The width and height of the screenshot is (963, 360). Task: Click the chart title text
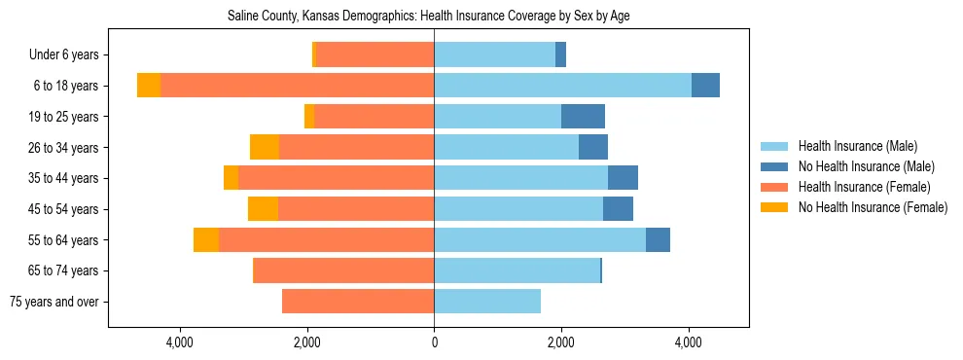tap(435, 17)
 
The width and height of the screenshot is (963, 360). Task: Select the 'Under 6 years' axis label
tap(69, 54)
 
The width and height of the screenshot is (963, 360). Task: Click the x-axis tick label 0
tap(434, 342)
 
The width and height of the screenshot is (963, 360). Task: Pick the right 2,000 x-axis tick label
tap(561, 342)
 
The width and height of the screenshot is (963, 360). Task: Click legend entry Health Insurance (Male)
tap(857, 146)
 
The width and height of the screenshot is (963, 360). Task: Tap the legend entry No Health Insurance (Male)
tap(866, 166)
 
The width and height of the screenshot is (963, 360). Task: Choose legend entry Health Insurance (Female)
tap(864, 187)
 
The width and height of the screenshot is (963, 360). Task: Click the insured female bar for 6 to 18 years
tap(297, 86)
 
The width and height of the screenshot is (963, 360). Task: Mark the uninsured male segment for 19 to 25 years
tap(583, 117)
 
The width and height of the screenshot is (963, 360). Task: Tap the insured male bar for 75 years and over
tap(487, 302)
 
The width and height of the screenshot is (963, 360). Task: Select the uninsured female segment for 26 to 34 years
tap(265, 147)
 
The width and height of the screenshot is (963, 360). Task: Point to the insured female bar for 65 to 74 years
tap(343, 270)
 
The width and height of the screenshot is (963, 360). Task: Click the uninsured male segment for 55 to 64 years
tap(658, 239)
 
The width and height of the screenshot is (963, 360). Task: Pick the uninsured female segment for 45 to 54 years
tap(263, 209)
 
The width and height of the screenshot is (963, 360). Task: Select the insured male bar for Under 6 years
tap(494, 54)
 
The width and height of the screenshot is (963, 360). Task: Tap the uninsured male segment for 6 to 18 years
tap(705, 86)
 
